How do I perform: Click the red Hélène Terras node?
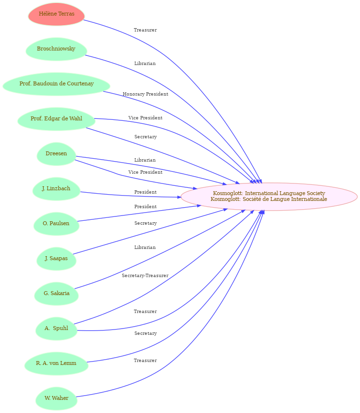56,14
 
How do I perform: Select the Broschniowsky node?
56,49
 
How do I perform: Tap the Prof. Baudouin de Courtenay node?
56,84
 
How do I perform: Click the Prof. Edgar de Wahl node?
56,119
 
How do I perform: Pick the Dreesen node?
56,154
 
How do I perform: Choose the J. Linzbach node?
56,189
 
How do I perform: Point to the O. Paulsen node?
56,224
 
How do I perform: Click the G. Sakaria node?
56,294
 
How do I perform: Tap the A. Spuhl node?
56,329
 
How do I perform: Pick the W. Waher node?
56,398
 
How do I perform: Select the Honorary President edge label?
146,94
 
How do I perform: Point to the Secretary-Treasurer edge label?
145,276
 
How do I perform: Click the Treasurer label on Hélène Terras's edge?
146,30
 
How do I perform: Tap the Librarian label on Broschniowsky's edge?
145,64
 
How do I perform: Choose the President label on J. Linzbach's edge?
146,192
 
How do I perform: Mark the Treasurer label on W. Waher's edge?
146,360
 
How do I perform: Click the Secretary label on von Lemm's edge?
146,333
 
